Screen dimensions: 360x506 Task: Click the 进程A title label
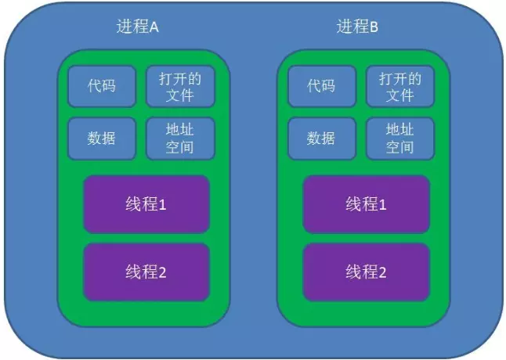[138, 27]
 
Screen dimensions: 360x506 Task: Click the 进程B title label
[358, 27]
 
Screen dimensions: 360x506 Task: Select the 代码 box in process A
[102, 86]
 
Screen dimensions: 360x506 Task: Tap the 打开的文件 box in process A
[179, 86]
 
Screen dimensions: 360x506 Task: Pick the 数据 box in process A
[102, 138]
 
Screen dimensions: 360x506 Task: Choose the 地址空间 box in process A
[179, 138]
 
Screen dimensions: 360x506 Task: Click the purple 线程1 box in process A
[146, 204]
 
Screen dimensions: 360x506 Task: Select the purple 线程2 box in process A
[146, 272]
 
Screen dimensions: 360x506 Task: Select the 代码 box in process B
[321, 86]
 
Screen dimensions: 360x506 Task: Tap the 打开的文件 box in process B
[399, 86]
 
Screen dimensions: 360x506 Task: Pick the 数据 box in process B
[321, 138]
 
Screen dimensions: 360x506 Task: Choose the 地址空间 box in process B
[399, 138]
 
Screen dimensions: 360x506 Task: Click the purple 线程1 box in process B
[367, 204]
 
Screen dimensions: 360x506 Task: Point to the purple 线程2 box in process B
[367, 272]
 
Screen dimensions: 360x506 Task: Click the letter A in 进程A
[154, 27]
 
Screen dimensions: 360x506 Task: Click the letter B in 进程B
[374, 27]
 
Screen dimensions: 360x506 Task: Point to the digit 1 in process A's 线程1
[163, 204]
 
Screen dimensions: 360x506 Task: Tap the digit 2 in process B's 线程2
[383, 272]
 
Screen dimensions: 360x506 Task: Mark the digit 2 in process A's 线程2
[163, 272]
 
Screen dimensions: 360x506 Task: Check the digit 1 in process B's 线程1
[383, 204]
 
